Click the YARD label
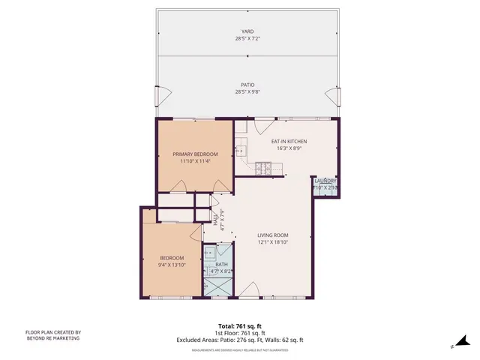pos(247,31)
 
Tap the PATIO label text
pos(247,85)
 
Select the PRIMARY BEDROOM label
pos(194,154)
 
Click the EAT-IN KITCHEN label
pos(289,141)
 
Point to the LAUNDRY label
pos(325,181)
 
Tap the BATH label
pos(221,264)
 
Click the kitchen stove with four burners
pos(264,166)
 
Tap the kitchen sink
pos(240,151)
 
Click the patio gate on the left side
pos(158,96)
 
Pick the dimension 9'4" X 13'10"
pos(172,265)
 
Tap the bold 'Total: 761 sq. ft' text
pos(239,326)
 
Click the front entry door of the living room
pos(247,298)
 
